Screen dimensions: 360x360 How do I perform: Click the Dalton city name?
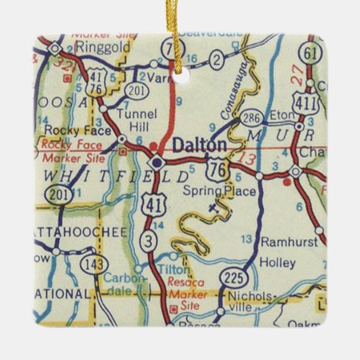199,145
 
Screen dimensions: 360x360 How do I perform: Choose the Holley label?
278,262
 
